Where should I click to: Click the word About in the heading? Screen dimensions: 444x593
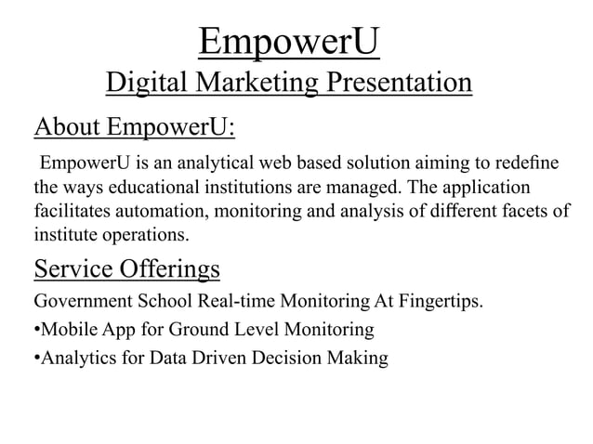(x=66, y=125)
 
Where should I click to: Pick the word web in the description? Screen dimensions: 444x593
(x=292, y=163)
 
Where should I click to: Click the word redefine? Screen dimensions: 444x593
(x=528, y=163)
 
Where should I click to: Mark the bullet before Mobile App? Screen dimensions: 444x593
(x=36, y=331)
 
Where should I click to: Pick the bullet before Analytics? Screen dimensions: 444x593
(x=36, y=359)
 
